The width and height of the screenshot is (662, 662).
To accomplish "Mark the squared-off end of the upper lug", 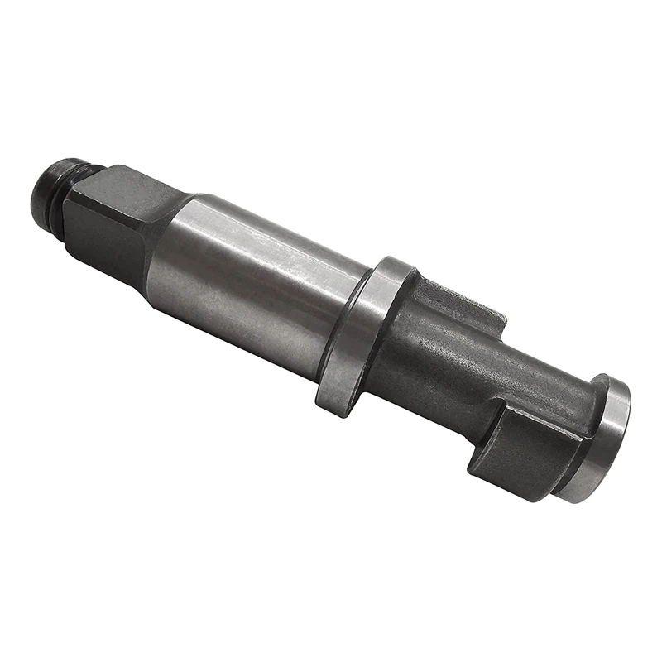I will [496, 319].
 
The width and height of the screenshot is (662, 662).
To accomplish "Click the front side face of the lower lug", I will [509, 463].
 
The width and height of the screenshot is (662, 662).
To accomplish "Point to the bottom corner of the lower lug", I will [530, 496].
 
